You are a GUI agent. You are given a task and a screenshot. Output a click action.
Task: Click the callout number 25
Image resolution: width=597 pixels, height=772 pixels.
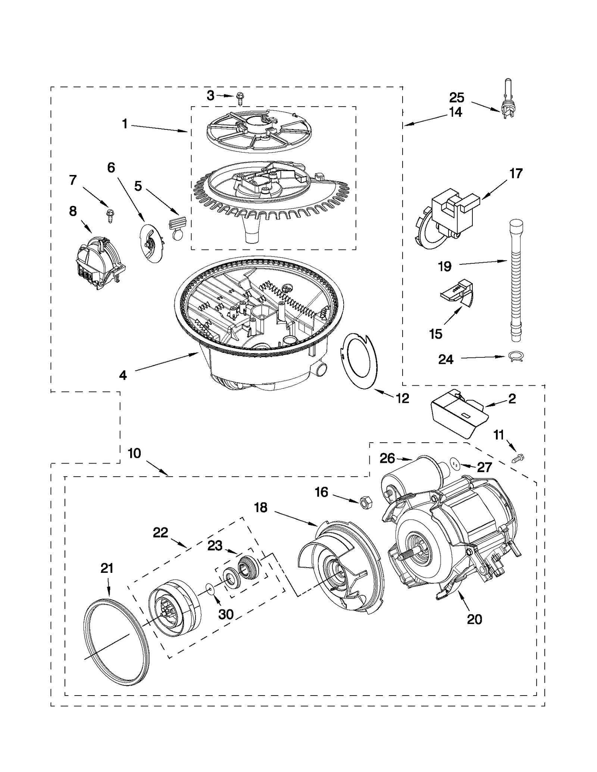tap(456, 98)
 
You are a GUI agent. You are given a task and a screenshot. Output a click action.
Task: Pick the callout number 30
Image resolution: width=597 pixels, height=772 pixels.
tap(226, 613)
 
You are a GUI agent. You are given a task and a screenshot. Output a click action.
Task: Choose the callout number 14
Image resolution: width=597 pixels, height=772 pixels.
tap(456, 112)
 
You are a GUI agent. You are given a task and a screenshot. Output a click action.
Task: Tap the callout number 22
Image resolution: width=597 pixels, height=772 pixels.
tap(160, 532)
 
